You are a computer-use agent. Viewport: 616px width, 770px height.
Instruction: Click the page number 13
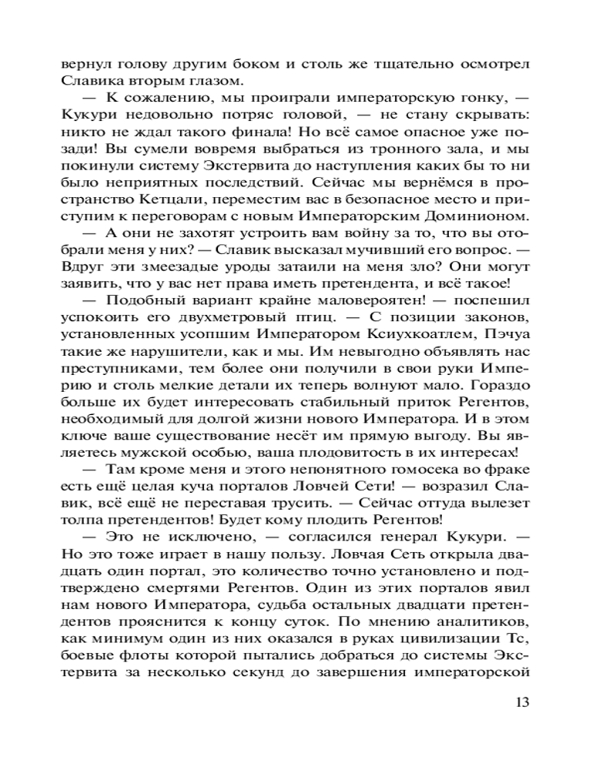click(x=521, y=701)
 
